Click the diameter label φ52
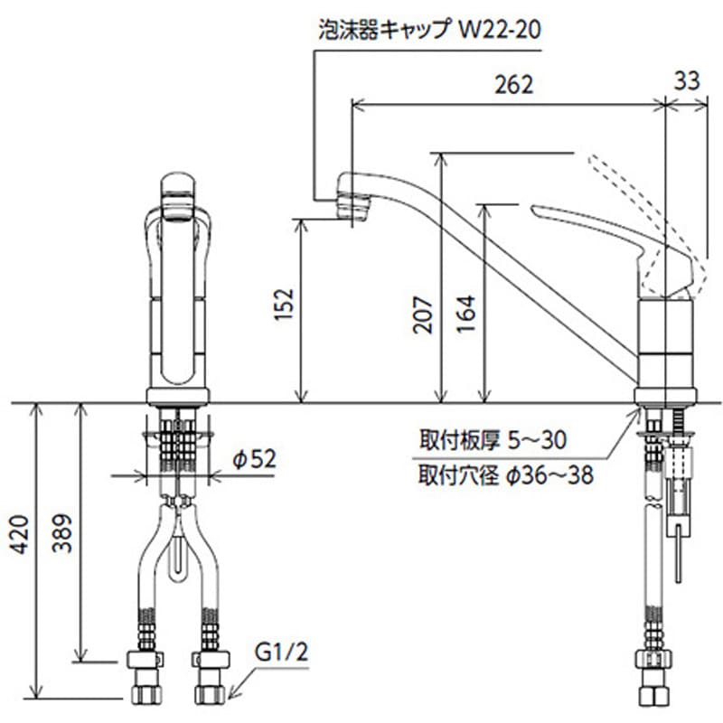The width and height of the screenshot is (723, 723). (x=252, y=460)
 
